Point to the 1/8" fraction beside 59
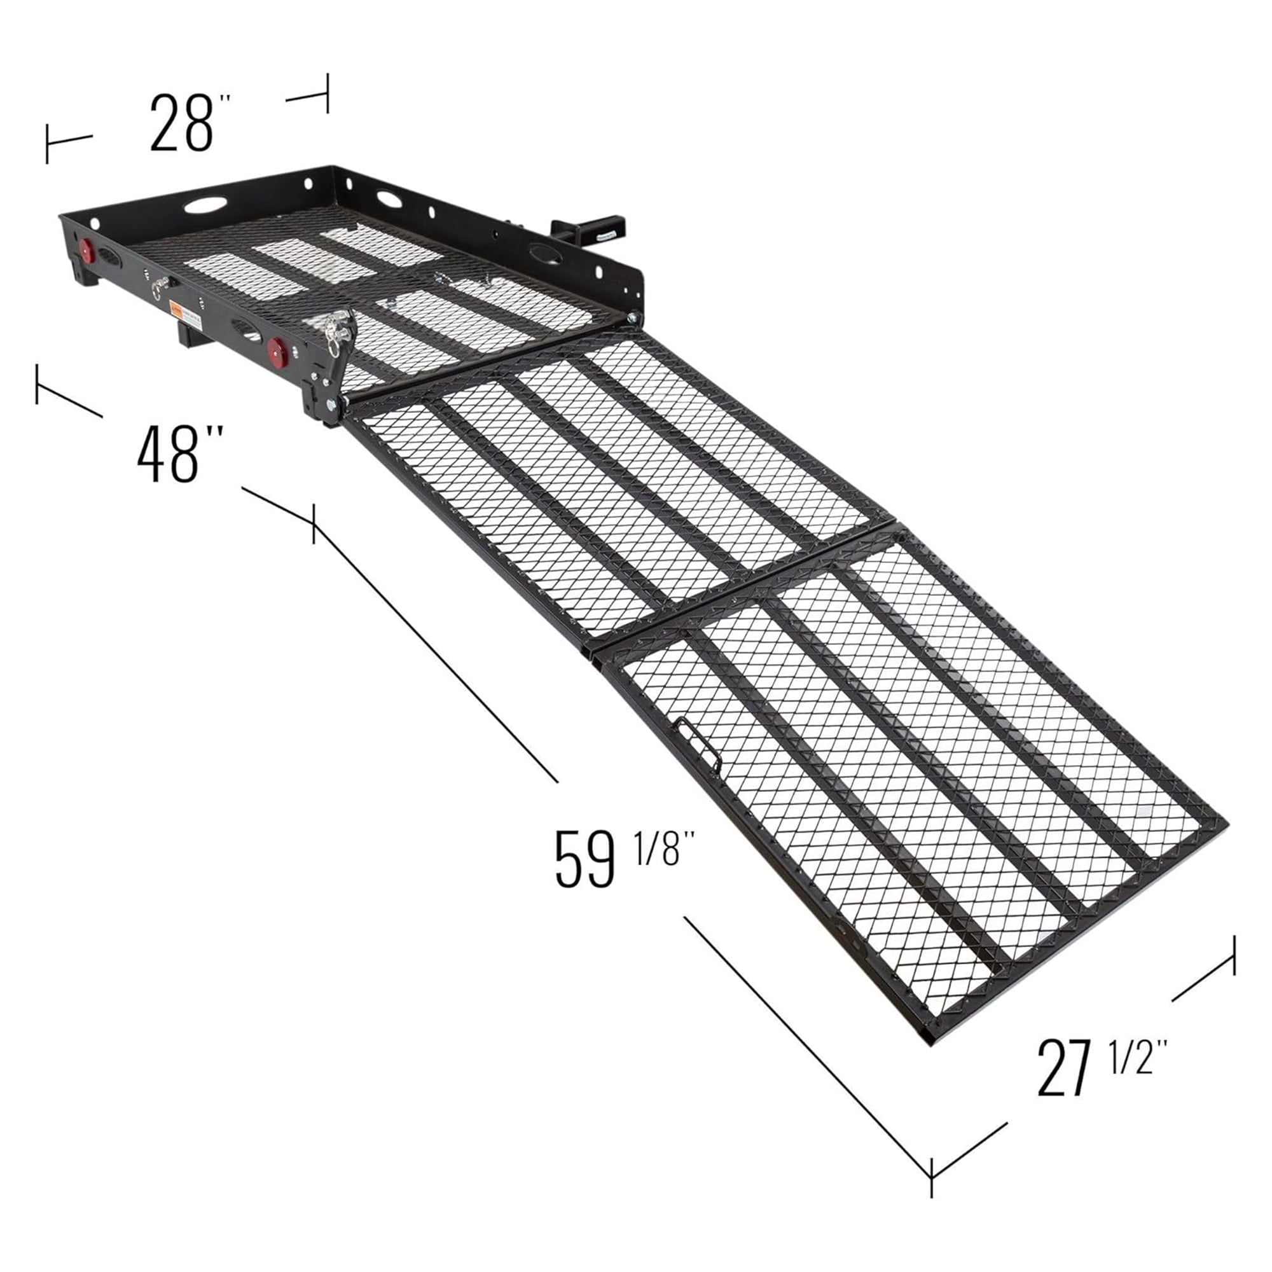(x=665, y=848)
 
